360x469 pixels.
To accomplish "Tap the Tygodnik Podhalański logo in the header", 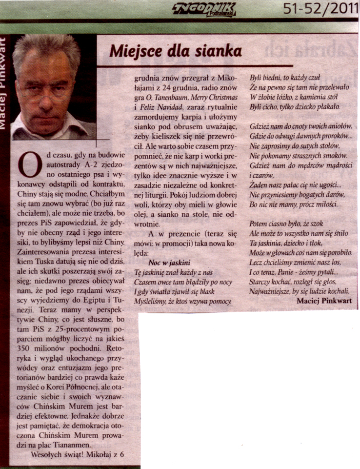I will point(204,9).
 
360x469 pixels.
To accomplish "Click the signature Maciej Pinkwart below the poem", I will point(324,301).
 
